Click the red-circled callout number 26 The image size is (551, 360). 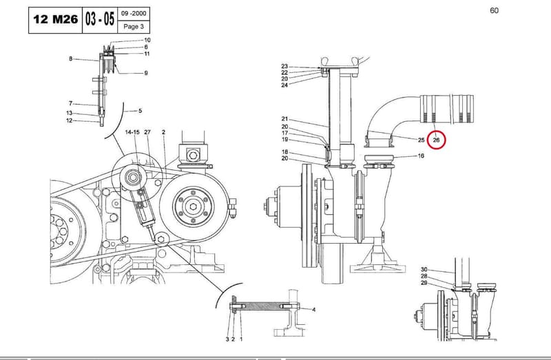(x=436, y=140)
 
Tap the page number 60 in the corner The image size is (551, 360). (x=494, y=10)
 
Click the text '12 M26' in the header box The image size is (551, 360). (x=56, y=19)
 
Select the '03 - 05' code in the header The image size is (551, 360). (x=100, y=19)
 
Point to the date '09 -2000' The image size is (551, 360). (x=134, y=13)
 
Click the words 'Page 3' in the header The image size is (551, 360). (x=134, y=26)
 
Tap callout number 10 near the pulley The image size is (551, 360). (x=147, y=40)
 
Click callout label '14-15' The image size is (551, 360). (x=132, y=132)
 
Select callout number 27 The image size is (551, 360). (x=147, y=132)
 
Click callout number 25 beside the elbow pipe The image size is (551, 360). (x=422, y=140)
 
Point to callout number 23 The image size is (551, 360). (x=284, y=66)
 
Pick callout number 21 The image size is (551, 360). (x=284, y=119)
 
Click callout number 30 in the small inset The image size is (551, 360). (x=424, y=269)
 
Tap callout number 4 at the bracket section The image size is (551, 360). (x=314, y=310)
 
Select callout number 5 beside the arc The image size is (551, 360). (x=141, y=111)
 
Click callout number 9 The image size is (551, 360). (x=146, y=73)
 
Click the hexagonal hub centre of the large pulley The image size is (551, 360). (x=193, y=207)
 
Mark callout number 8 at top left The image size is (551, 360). (x=71, y=59)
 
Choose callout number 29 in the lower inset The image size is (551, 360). (x=424, y=283)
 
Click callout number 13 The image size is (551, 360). (x=70, y=113)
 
